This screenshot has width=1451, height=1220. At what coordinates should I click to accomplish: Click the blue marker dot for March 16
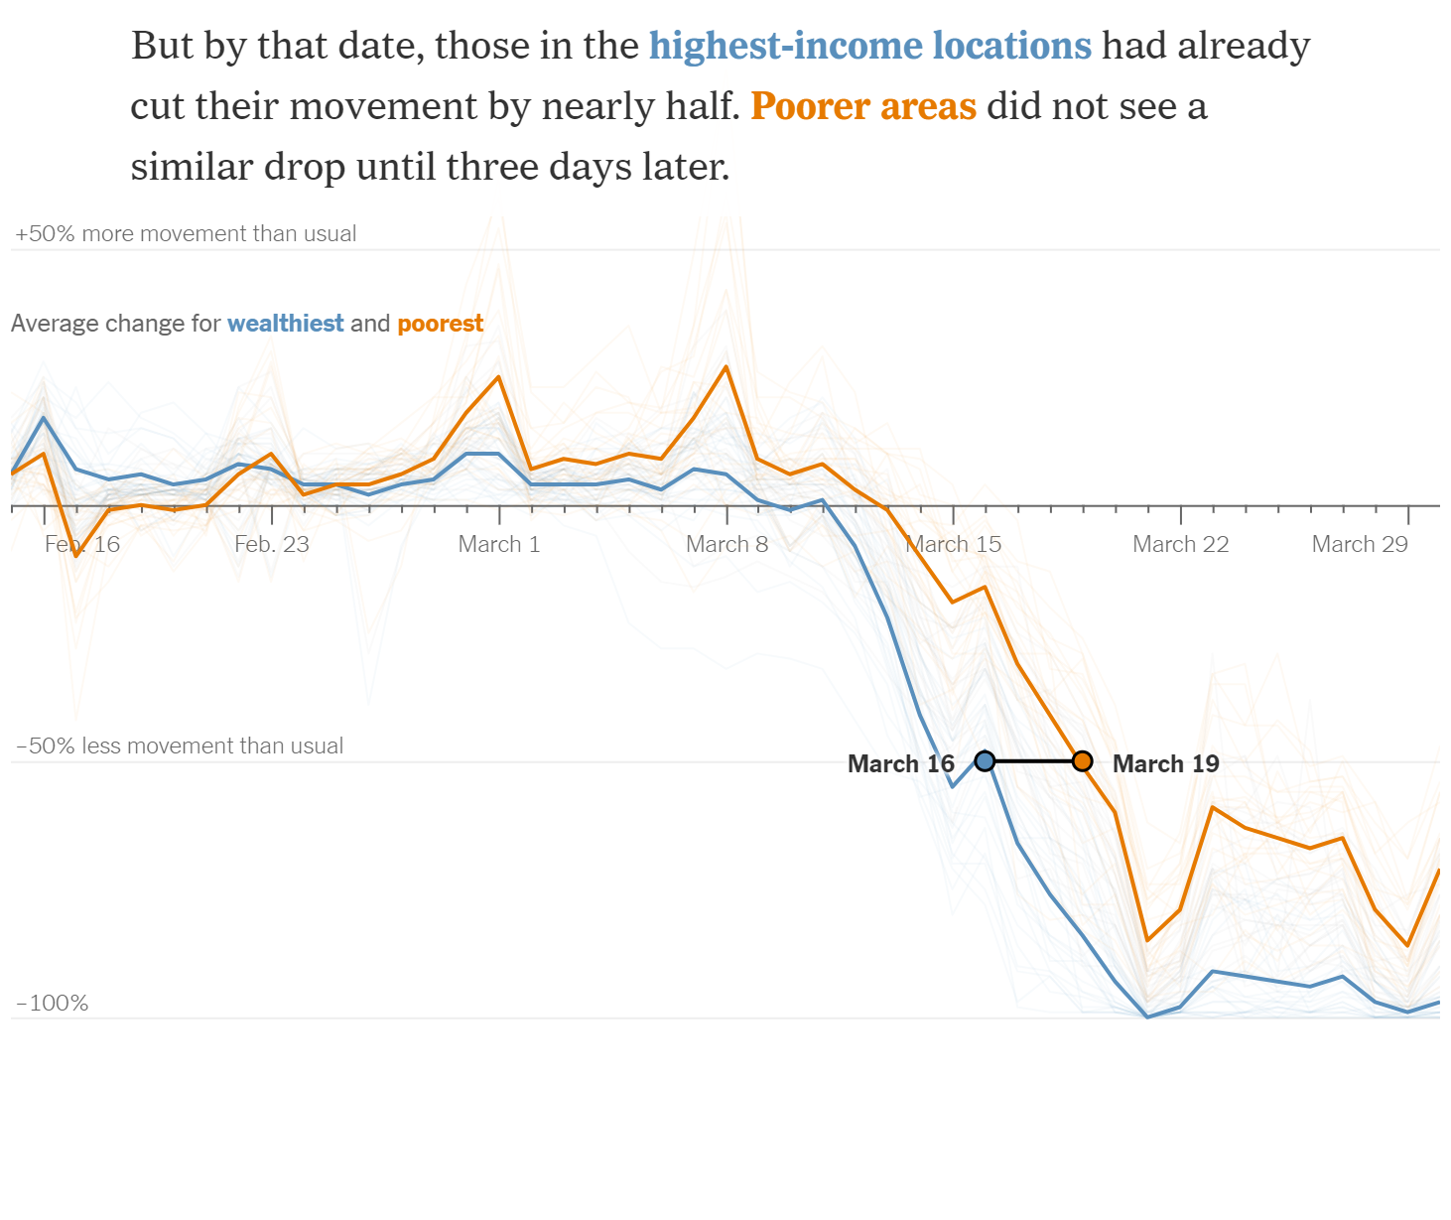985,761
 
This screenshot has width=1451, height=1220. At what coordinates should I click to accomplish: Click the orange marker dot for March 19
1083,761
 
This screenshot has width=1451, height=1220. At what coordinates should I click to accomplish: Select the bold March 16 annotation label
900,763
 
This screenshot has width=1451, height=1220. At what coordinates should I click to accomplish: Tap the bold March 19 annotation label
1165,763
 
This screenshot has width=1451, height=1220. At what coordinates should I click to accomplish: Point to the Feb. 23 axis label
272,544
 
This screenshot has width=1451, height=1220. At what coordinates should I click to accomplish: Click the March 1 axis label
499,544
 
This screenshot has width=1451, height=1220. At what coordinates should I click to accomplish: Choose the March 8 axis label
726,544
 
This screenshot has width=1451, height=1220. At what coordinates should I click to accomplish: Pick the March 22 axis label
1180,544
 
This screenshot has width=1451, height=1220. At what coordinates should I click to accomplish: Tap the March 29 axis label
1360,544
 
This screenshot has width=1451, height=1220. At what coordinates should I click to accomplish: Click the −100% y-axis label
53,1003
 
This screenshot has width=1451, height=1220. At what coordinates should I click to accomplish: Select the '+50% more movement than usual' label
186,233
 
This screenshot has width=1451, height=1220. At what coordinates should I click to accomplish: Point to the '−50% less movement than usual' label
180,746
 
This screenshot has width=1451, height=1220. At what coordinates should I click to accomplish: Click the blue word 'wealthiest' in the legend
286,324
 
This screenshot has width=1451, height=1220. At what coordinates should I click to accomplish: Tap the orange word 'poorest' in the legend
441,324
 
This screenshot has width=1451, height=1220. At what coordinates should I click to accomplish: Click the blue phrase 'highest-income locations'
870,46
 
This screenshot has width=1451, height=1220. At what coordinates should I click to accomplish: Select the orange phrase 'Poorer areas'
863,106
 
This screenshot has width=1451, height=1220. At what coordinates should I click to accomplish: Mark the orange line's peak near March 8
726,366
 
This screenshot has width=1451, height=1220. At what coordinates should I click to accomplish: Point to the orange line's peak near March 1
499,376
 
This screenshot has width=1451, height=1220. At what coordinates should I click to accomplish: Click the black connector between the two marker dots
1033,761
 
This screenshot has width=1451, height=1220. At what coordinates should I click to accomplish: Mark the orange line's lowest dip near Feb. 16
76,555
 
